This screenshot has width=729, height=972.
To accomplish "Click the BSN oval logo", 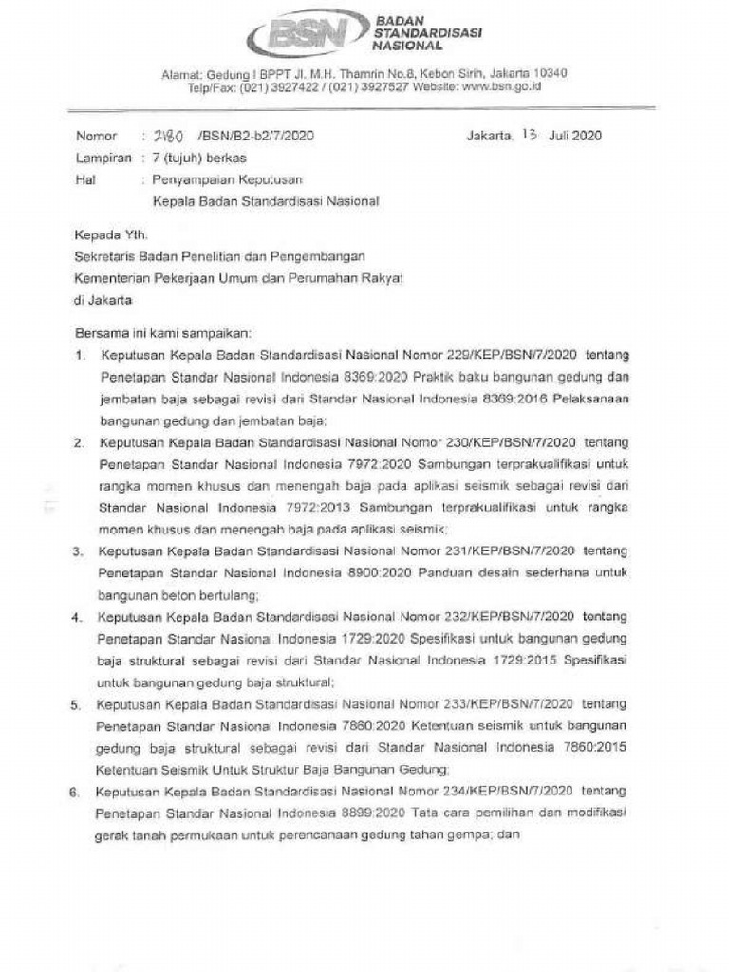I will point(306,33).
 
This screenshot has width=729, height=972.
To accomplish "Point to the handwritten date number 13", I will point(529,135).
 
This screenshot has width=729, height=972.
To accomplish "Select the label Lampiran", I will point(103,159).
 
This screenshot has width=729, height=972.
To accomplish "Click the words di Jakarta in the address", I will point(103,299).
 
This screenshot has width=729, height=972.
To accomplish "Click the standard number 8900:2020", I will point(373,572).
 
